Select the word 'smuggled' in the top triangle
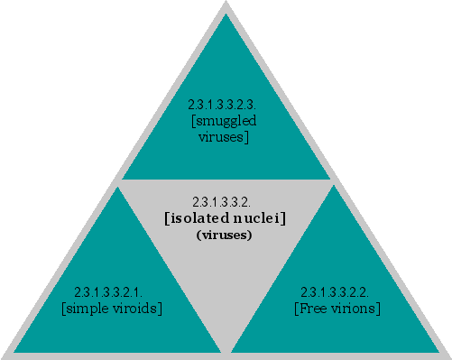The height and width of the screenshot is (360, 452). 226,120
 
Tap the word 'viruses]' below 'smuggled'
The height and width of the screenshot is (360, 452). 226,137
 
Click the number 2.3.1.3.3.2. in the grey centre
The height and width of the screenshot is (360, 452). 225,201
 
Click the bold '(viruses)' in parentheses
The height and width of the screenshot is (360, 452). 224,235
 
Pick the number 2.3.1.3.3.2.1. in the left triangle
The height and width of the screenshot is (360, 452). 113,292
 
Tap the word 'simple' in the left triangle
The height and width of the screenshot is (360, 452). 89,309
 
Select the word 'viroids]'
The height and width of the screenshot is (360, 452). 137,309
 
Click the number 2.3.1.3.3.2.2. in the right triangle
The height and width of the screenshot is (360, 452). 338,292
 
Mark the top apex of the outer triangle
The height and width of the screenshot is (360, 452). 226,3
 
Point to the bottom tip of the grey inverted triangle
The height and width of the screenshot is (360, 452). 226,350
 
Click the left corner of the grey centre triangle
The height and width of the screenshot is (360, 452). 120,182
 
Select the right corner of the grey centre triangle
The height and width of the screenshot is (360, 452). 332,182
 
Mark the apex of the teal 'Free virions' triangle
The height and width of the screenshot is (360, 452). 336,188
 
